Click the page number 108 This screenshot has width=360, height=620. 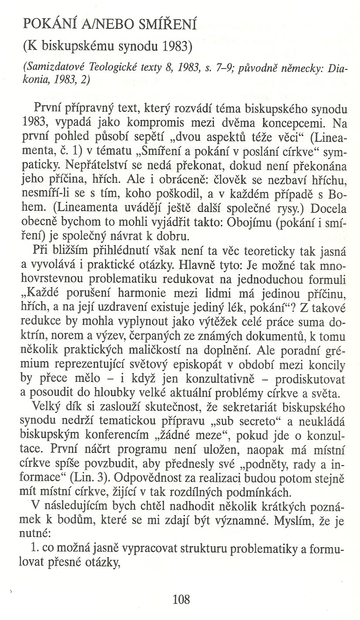[x=181, y=599]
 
